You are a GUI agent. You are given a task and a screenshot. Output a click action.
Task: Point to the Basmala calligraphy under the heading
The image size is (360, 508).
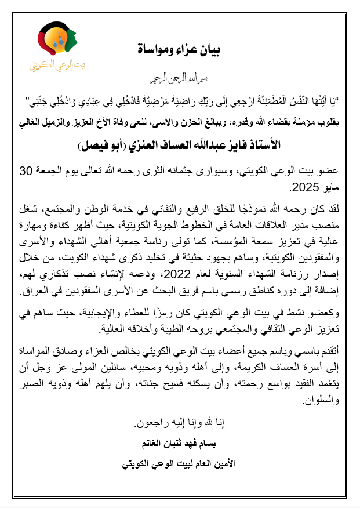pos(180,77)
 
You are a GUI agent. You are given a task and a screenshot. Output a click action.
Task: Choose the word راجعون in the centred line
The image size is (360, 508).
pos(150,423)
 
